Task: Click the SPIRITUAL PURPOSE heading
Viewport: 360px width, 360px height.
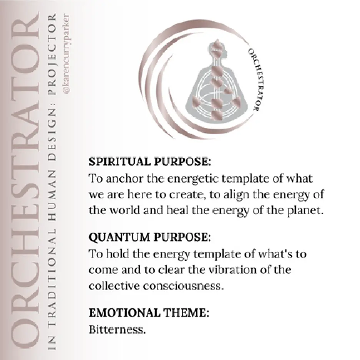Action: tap(150, 162)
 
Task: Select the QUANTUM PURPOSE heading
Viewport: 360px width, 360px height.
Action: tap(150, 238)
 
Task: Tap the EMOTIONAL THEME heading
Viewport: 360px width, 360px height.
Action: tap(149, 313)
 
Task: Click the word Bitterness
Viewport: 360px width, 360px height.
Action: tap(117, 330)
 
